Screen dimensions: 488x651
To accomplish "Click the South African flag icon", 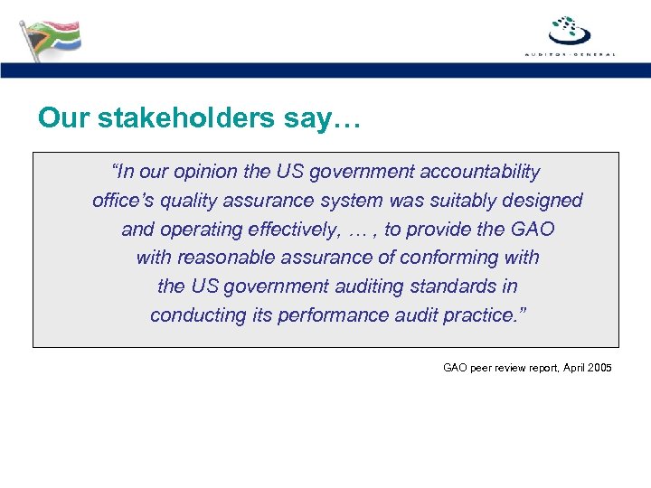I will click(50, 38).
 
